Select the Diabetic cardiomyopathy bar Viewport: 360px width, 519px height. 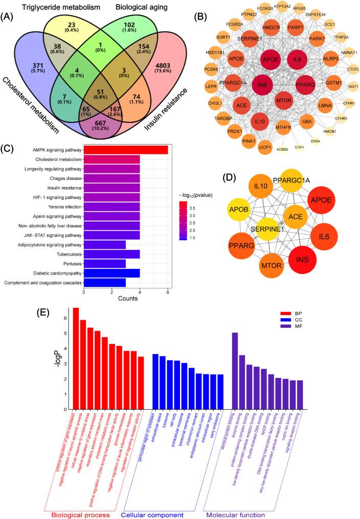(x=111, y=272)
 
